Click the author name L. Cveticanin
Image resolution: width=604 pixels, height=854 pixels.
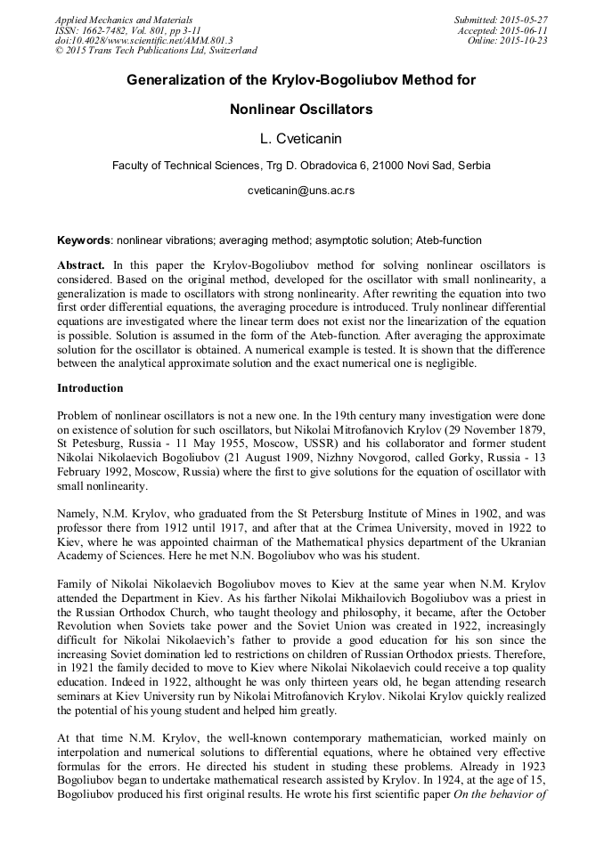click(301, 138)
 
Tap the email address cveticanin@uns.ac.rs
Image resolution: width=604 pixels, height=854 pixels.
click(301, 191)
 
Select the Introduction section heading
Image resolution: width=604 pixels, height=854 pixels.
click(90, 388)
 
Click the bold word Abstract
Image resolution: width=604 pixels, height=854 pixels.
click(81, 265)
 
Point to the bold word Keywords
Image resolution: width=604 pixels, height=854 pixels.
click(85, 240)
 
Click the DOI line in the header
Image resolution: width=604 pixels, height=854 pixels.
click(143, 41)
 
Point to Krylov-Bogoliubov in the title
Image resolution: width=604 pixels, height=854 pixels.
click(320, 80)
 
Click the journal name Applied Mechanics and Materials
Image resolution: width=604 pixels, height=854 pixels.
click(124, 20)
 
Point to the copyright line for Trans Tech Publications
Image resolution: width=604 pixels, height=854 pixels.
click(157, 52)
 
